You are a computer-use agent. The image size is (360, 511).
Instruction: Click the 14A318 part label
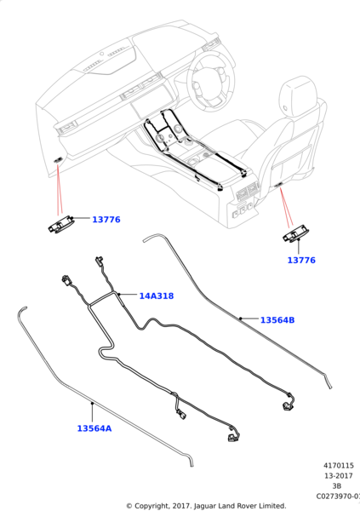[157, 296]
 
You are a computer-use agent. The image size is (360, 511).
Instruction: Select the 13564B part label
[277, 320]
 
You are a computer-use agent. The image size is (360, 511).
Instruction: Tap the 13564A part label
[94, 428]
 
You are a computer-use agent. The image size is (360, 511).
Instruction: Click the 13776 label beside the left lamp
[106, 220]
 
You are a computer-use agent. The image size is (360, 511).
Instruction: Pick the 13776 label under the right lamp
[301, 260]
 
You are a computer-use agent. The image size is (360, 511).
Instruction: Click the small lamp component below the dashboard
[60, 225]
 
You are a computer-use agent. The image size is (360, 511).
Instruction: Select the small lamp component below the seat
[294, 233]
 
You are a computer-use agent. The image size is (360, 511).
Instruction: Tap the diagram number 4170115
[338, 465]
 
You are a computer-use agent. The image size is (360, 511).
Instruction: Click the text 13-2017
[339, 476]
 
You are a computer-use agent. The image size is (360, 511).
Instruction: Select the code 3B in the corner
[336, 486]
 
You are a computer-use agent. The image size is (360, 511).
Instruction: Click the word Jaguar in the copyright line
[204, 506]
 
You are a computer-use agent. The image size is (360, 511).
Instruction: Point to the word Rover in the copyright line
[249, 506]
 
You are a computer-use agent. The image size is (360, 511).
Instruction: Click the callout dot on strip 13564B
[241, 319]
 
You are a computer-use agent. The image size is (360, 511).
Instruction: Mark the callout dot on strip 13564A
[93, 404]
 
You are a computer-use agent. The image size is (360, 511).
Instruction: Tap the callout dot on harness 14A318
[119, 295]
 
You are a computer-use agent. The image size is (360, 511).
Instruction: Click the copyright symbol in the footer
[129, 506]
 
